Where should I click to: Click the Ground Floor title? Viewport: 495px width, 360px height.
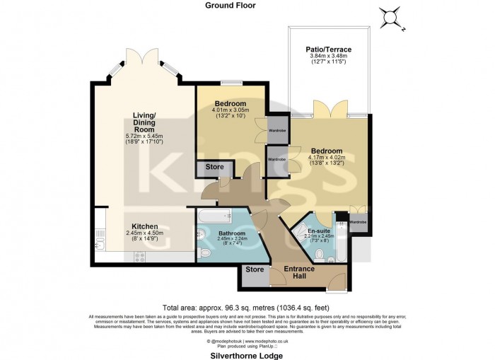pyautogui.click(x=231, y=5)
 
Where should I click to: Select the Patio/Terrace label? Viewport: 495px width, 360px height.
pyautogui.click(x=328, y=50)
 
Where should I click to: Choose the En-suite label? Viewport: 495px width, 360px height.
pyautogui.click(x=318, y=231)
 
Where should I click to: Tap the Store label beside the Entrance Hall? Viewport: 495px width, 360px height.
pyautogui.click(x=254, y=269)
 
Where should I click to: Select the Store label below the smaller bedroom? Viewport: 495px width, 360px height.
pyautogui.click(x=214, y=167)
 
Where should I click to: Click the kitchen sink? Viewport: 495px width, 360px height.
pyautogui.click(x=98, y=244)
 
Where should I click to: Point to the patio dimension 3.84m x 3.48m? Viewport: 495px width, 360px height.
pyautogui.click(x=328, y=57)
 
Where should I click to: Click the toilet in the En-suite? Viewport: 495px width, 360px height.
pyautogui.click(x=318, y=254)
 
